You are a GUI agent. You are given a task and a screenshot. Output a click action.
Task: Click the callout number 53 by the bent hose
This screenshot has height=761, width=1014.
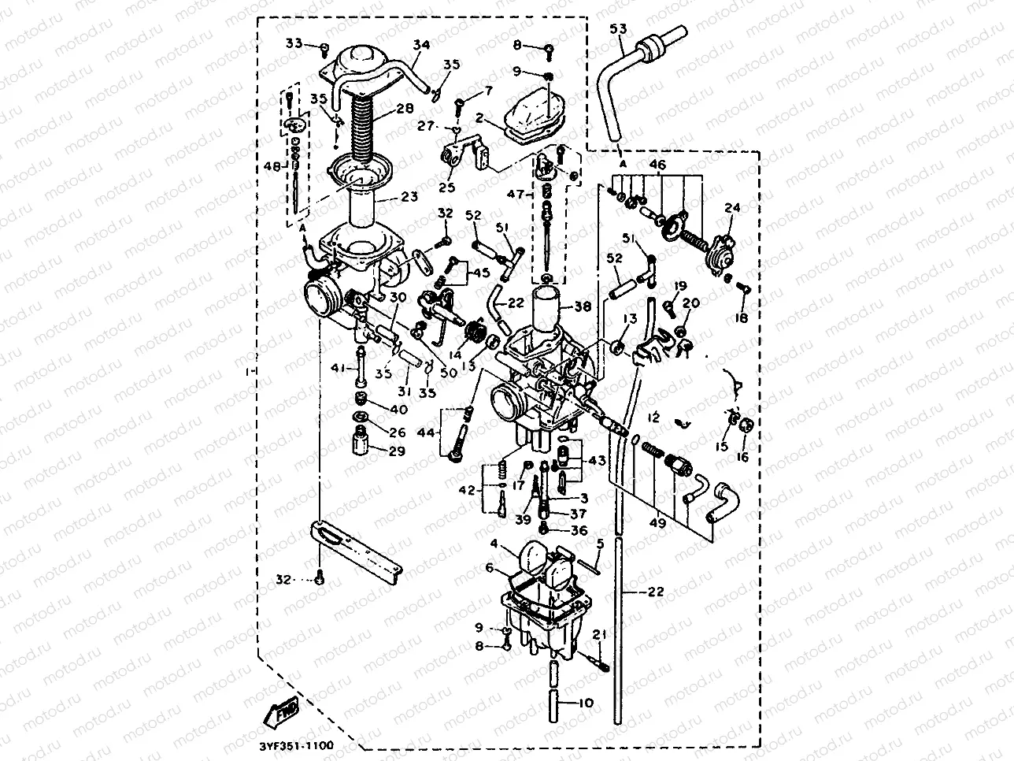[618, 30]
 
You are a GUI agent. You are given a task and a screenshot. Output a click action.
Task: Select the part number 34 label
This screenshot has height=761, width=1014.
[421, 45]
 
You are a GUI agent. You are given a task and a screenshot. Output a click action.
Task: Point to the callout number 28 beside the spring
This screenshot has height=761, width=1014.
[404, 108]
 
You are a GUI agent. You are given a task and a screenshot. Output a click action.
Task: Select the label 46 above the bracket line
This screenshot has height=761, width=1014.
[657, 165]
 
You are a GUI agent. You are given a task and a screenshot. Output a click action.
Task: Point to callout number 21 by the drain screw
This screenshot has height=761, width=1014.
[600, 635]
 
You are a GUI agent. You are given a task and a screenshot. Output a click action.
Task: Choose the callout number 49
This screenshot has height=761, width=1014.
[656, 522]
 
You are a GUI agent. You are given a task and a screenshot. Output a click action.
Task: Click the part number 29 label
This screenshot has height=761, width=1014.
[397, 451]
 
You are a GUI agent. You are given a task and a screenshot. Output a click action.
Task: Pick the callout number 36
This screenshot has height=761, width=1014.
[579, 530]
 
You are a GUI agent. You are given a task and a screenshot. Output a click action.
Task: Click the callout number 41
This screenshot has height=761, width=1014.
[337, 368]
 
